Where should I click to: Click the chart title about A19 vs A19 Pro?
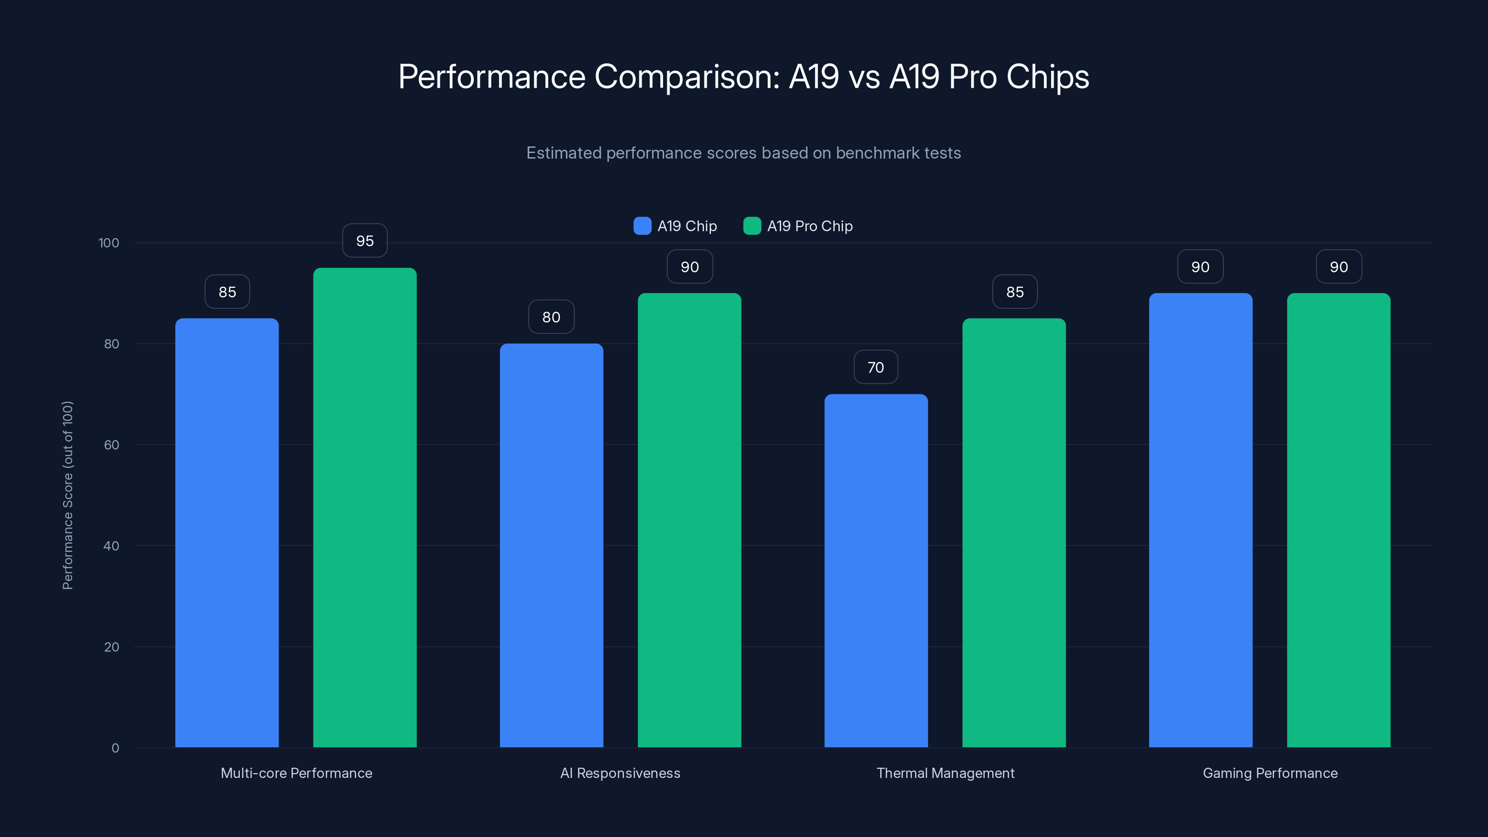pyautogui.click(x=744, y=76)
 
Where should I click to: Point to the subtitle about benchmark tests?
pyautogui.click(x=744, y=153)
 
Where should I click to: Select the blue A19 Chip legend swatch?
pyautogui.click(x=642, y=226)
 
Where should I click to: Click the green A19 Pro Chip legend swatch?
pyautogui.click(x=751, y=226)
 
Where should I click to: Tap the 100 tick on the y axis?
pyautogui.click(x=109, y=243)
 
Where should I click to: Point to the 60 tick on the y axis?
pyautogui.click(x=112, y=445)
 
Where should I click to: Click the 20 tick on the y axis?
pyautogui.click(x=112, y=647)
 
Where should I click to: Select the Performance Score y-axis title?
pyautogui.click(x=67, y=495)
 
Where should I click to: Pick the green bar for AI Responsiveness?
pyautogui.click(x=689, y=520)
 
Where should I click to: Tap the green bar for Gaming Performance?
pyautogui.click(x=1338, y=520)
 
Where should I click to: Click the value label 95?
pyautogui.click(x=365, y=241)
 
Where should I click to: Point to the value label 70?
pyautogui.click(x=876, y=367)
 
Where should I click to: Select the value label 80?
pyautogui.click(x=551, y=317)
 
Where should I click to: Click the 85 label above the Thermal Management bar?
pyautogui.click(x=1014, y=292)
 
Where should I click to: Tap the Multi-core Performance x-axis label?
pyautogui.click(x=296, y=773)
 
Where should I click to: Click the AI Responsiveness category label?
pyautogui.click(x=620, y=773)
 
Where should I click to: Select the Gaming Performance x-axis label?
pyautogui.click(x=1269, y=773)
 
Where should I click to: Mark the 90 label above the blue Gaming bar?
pyautogui.click(x=1200, y=267)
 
